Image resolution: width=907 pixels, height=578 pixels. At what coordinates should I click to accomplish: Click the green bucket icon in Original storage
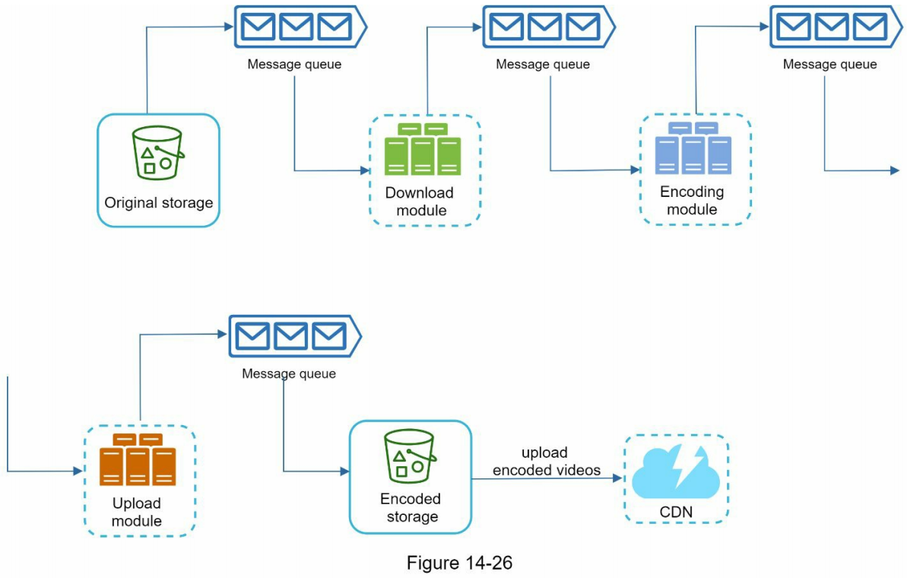tap(158, 152)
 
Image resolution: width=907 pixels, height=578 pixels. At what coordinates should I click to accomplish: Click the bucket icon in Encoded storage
tap(410, 455)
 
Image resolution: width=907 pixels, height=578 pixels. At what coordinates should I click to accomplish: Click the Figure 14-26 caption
tap(459, 564)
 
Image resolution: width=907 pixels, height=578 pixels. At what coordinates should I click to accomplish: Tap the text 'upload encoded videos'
tap(546, 462)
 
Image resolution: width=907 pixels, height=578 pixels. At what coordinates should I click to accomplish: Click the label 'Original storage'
tap(158, 203)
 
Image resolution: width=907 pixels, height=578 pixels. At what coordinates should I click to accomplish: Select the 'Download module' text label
tap(420, 202)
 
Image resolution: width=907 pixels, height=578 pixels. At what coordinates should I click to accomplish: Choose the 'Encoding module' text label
tap(692, 200)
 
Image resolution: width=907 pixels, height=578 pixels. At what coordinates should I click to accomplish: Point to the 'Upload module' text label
tap(137, 512)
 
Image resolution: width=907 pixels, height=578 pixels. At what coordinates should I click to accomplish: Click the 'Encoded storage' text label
tap(411, 508)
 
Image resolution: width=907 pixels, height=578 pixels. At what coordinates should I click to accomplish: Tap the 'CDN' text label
tap(676, 513)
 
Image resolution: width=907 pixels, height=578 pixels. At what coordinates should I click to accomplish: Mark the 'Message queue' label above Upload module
tap(289, 374)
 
